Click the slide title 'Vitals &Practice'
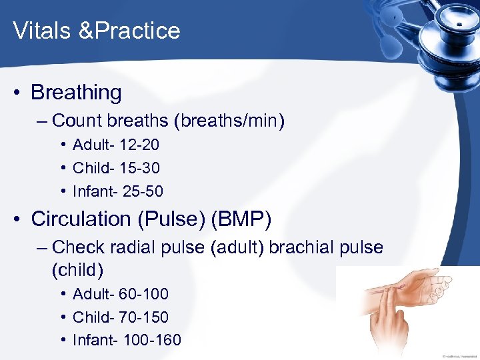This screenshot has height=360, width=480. tap(97, 31)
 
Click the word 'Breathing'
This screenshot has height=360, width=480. tap(76, 93)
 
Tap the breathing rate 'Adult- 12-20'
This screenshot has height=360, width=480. tap(115, 145)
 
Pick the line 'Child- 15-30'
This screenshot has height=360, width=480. tap(116, 168)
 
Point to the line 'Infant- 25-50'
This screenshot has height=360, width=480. tap(117, 191)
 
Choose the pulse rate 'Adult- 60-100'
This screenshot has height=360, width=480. tap(120, 293)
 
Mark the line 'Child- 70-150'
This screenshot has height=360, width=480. tap(120, 317)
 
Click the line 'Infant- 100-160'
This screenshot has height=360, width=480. tap(126, 340)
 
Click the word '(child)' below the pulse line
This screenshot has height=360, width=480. tap(77, 270)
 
